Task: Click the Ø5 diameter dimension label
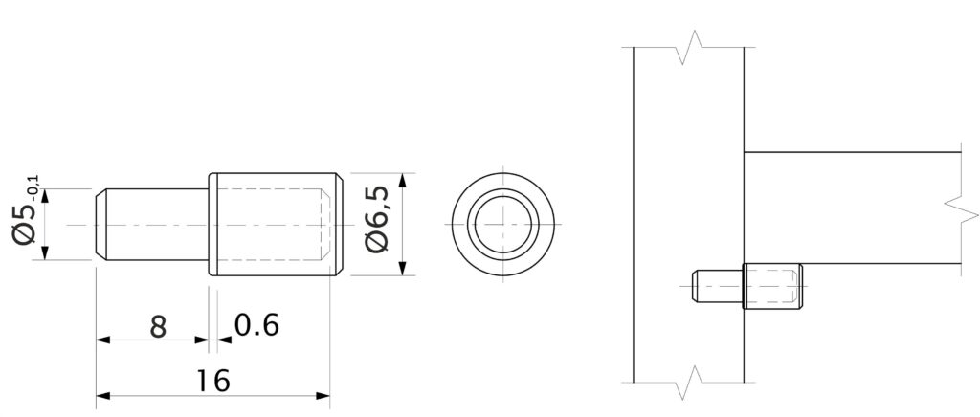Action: (24, 226)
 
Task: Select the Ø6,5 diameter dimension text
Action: (379, 219)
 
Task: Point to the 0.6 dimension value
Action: (256, 325)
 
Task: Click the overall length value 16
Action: (213, 380)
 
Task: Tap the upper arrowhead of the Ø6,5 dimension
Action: (403, 181)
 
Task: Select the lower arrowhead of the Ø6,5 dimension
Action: (403, 267)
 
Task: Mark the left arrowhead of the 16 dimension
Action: (103, 396)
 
